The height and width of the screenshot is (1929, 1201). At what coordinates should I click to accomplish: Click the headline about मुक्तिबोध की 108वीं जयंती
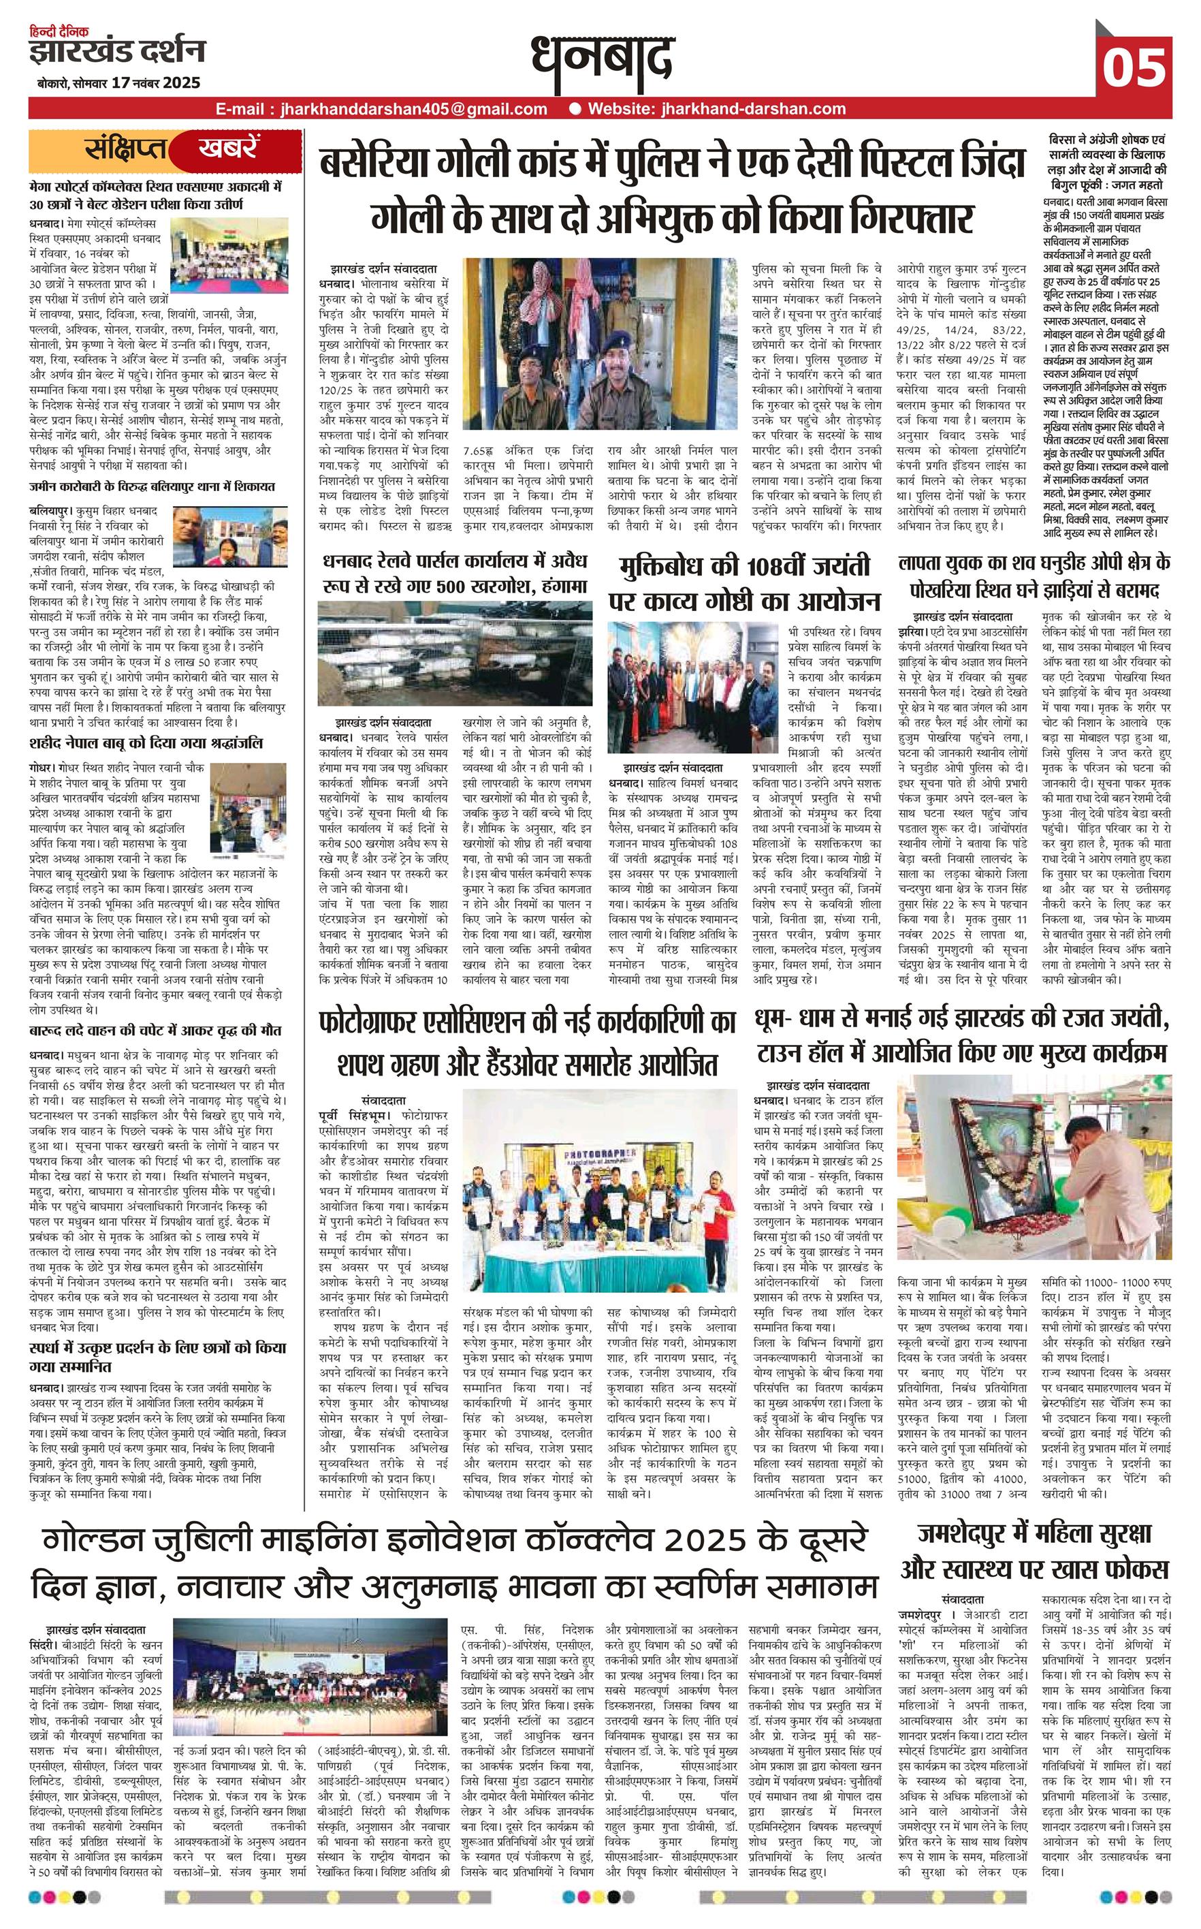pos(743,583)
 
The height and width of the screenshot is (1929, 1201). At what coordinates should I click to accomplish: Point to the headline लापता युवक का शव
pos(1034,575)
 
